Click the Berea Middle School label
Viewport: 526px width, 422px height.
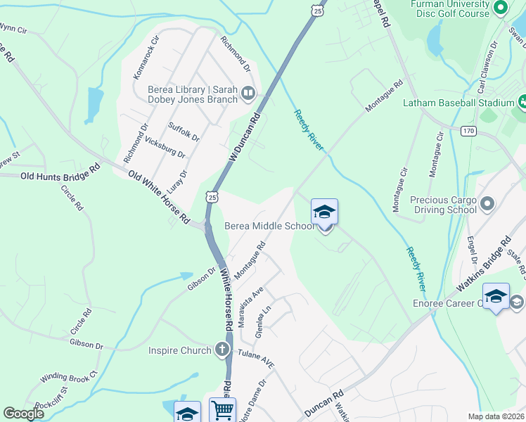click(x=269, y=226)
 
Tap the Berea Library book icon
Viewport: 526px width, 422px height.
click(x=248, y=94)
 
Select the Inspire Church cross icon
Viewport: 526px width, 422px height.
click(x=222, y=350)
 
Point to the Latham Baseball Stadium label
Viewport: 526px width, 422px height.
click(x=459, y=103)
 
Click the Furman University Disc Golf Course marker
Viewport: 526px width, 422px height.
click(x=501, y=9)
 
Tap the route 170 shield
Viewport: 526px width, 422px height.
click(x=469, y=131)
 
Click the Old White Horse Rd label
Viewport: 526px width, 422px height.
click(x=159, y=197)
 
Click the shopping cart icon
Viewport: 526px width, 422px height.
click(x=222, y=410)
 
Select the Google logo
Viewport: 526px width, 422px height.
click(x=23, y=414)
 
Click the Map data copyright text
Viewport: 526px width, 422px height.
click(x=495, y=416)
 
